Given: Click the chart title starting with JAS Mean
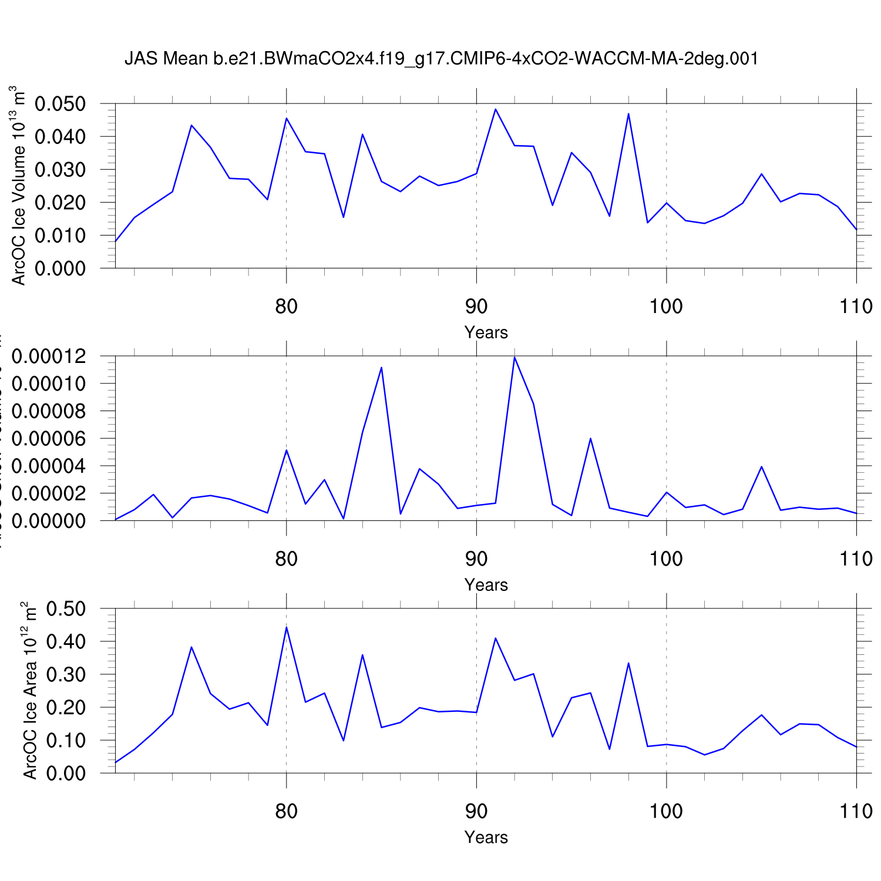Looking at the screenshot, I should [x=441, y=59].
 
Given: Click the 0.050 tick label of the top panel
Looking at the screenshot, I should [x=60, y=104].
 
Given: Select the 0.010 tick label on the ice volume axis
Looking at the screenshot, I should [x=60, y=236].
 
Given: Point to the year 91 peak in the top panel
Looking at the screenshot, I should [x=495, y=109].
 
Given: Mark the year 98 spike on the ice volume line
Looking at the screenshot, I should [x=628, y=114].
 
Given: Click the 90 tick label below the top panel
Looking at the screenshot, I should [x=476, y=306].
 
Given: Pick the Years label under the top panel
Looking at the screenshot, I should [x=486, y=332].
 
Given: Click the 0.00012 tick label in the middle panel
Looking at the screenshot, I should [x=49, y=357].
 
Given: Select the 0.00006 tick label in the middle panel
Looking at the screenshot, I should [x=49, y=439].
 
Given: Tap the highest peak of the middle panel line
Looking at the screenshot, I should [x=515, y=358].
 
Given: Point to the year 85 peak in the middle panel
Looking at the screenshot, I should [x=382, y=368].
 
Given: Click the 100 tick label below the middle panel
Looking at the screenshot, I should [x=666, y=559].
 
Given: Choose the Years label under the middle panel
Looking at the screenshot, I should [x=486, y=585].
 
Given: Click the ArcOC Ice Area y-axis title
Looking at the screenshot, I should [x=29, y=691].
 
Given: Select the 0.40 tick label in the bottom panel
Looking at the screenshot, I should [x=66, y=641].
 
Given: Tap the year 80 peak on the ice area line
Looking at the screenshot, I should [x=286, y=627].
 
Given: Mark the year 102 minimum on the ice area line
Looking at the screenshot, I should [x=704, y=755].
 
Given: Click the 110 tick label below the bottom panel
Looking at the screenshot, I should [x=856, y=811].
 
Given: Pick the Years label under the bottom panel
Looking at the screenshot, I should [x=486, y=838].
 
